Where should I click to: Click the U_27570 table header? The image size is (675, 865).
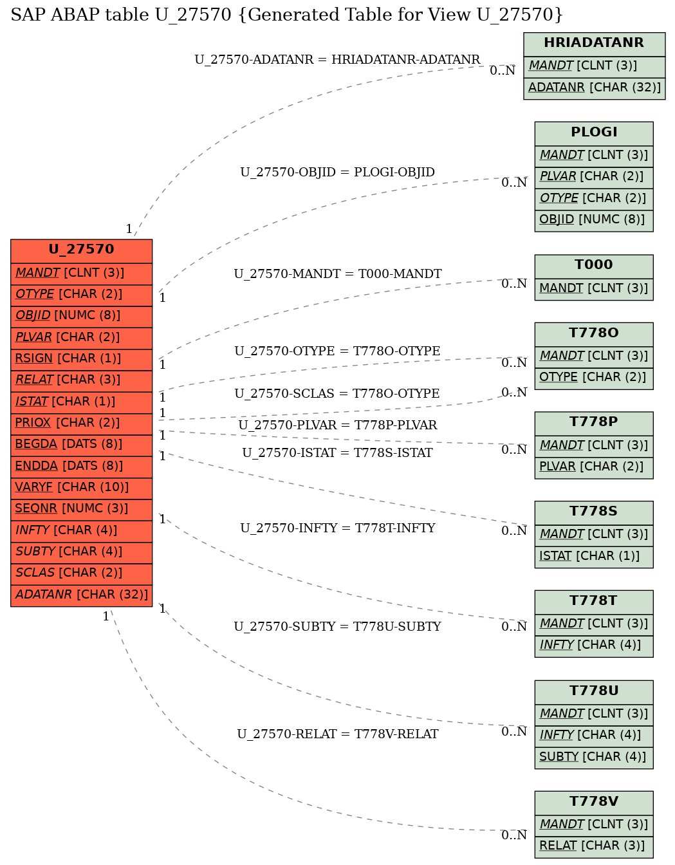pyautogui.click(x=81, y=250)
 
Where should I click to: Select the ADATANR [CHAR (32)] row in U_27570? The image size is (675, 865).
pyautogui.click(x=81, y=595)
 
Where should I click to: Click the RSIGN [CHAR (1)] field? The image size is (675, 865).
pyautogui.click(x=81, y=358)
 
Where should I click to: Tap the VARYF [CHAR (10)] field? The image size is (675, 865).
pyautogui.click(x=81, y=487)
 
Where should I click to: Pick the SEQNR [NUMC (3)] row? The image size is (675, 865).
pyautogui.click(x=81, y=508)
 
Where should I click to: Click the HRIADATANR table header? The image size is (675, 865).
pyautogui.click(x=593, y=43)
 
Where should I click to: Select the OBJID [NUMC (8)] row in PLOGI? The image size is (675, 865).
pyautogui.click(x=593, y=219)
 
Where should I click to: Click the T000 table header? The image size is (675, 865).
pyautogui.click(x=593, y=265)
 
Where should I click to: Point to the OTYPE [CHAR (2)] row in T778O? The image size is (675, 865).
pyautogui.click(x=593, y=377)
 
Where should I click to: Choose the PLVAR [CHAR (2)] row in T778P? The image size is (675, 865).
pyautogui.click(x=593, y=467)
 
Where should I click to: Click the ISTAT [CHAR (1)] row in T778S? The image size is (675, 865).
pyautogui.click(x=593, y=556)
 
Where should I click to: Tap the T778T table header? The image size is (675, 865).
pyautogui.click(x=593, y=601)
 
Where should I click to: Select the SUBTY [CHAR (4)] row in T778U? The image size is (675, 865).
pyautogui.click(x=593, y=757)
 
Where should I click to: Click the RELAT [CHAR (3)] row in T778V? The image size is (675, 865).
pyautogui.click(x=593, y=846)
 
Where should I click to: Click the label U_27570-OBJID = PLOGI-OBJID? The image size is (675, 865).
pyautogui.click(x=337, y=172)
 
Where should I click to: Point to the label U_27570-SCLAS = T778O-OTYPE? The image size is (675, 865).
pyautogui.click(x=337, y=394)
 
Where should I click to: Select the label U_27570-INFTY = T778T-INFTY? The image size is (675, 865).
pyautogui.click(x=337, y=528)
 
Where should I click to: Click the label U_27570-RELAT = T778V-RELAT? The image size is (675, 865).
pyautogui.click(x=337, y=734)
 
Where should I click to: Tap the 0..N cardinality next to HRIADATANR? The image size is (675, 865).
pyautogui.click(x=502, y=71)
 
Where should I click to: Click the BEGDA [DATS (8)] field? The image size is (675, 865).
pyautogui.click(x=81, y=444)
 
